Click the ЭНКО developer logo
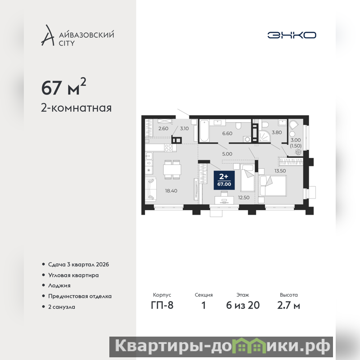click(x=292, y=35)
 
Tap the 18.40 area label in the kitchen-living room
click(x=171, y=190)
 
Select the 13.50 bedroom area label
click(x=280, y=171)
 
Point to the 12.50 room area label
click(x=243, y=198)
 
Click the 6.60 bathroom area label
click(x=227, y=133)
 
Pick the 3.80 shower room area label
click(x=277, y=132)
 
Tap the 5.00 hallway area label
click(x=227, y=154)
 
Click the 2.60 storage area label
click(x=163, y=128)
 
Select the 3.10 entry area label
click(x=184, y=128)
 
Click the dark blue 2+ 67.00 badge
click(x=224, y=180)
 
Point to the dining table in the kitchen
click(x=172, y=170)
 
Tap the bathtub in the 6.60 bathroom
click(x=204, y=130)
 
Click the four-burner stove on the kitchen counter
click(x=168, y=148)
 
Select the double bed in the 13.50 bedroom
click(x=272, y=186)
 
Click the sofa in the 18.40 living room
click(x=151, y=189)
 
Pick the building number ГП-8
click(x=162, y=305)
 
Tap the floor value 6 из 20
click(x=243, y=305)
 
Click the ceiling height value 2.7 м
click(x=288, y=305)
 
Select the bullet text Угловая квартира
click(x=73, y=275)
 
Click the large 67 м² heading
click(x=63, y=87)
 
